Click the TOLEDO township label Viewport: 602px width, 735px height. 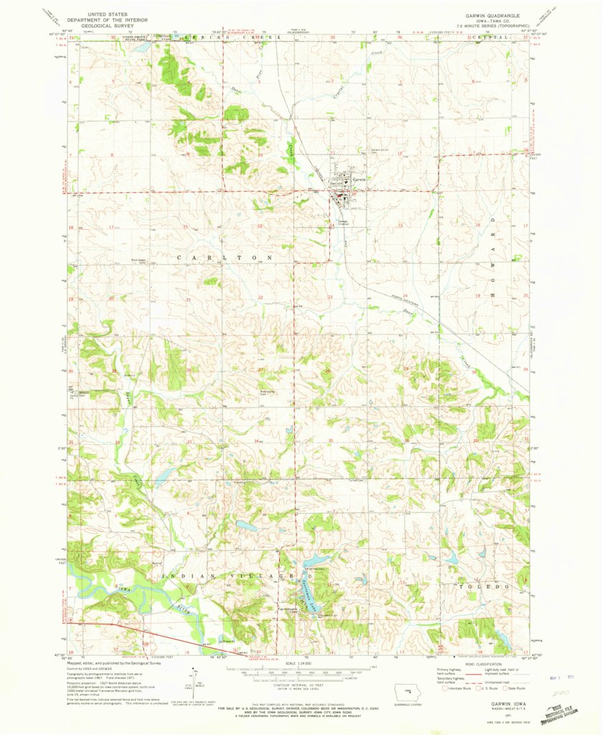pyautogui.click(x=484, y=586)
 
